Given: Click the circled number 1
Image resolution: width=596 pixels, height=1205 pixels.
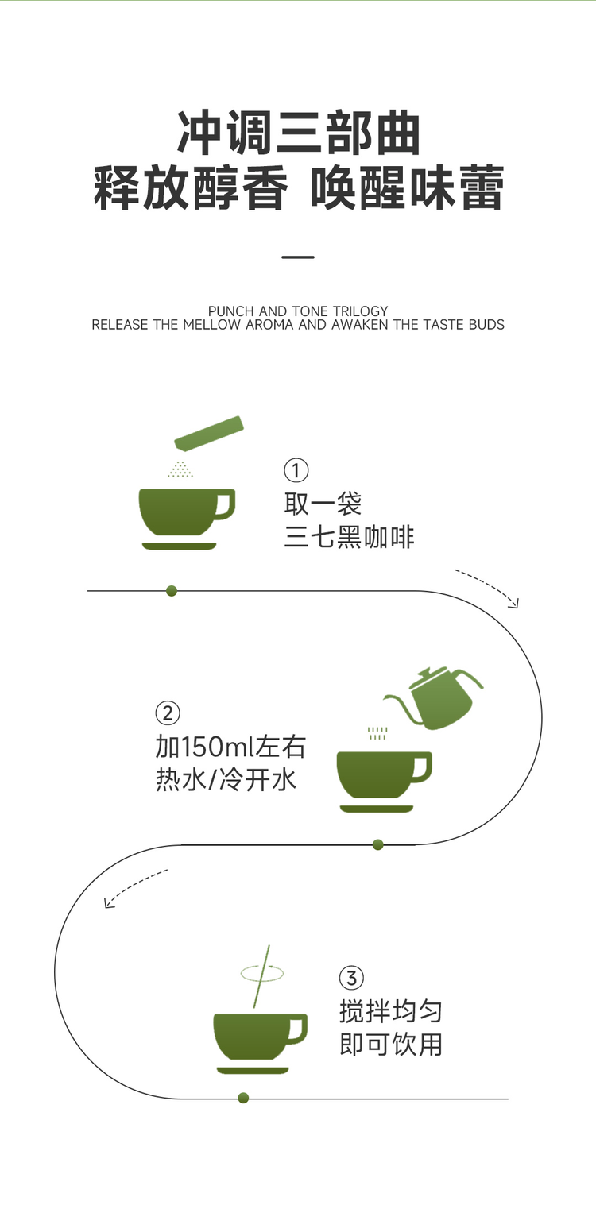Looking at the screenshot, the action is pyautogui.click(x=296, y=471).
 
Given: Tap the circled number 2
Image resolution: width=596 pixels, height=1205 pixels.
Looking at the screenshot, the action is pyautogui.click(x=168, y=713).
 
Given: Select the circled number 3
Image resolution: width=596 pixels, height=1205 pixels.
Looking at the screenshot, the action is pyautogui.click(x=351, y=978).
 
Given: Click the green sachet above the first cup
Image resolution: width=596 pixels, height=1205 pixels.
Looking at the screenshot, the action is pyautogui.click(x=209, y=433).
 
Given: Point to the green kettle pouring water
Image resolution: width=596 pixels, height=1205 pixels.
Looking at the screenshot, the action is pyautogui.click(x=436, y=697).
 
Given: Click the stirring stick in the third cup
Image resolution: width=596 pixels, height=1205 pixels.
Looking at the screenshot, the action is pyautogui.click(x=261, y=976).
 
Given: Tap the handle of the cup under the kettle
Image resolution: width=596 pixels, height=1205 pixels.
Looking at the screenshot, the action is pyautogui.click(x=423, y=767).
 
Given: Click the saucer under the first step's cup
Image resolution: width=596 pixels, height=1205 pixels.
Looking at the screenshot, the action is pyautogui.click(x=180, y=546).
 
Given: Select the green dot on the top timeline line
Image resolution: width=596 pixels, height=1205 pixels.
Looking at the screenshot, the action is pyautogui.click(x=172, y=591).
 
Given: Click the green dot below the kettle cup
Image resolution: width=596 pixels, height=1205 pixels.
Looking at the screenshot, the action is pyautogui.click(x=378, y=844).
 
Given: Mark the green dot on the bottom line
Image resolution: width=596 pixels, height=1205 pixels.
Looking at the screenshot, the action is pyautogui.click(x=243, y=1098).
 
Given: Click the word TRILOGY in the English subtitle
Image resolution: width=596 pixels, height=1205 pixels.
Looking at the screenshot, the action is pyautogui.click(x=360, y=311).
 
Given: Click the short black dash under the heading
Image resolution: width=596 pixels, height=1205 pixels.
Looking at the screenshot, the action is pyautogui.click(x=298, y=257).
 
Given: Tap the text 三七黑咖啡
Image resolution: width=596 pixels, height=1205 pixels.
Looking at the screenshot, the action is pyautogui.click(x=350, y=537).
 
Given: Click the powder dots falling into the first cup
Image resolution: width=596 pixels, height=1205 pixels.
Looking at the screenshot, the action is pyautogui.click(x=180, y=469).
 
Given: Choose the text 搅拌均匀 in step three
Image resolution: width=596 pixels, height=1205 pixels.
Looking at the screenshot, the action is pyautogui.click(x=391, y=1011).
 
